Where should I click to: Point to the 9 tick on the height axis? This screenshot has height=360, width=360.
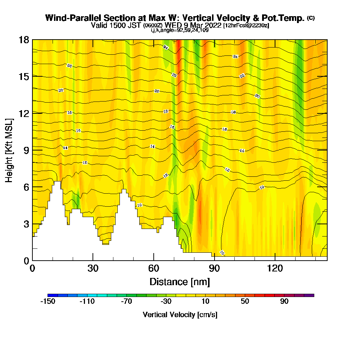point(33,150)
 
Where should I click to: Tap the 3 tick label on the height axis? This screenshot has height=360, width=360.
point(26,224)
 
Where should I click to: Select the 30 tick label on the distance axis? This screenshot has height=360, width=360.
point(93,268)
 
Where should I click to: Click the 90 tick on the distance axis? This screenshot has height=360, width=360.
point(214,260)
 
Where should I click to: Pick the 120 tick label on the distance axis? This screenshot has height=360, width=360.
point(275,268)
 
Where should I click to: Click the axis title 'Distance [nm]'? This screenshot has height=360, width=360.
point(180,282)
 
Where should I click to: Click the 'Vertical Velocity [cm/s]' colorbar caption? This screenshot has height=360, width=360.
point(180,315)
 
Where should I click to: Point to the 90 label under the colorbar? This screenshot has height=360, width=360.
point(284,302)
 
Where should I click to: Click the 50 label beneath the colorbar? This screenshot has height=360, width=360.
point(245,302)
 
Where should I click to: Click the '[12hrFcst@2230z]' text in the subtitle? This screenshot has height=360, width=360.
point(246,26)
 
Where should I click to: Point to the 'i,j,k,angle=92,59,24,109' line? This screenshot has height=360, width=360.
point(180,30)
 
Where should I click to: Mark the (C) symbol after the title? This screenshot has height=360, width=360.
point(311,18)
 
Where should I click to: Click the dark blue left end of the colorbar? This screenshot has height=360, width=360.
point(50,295)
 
